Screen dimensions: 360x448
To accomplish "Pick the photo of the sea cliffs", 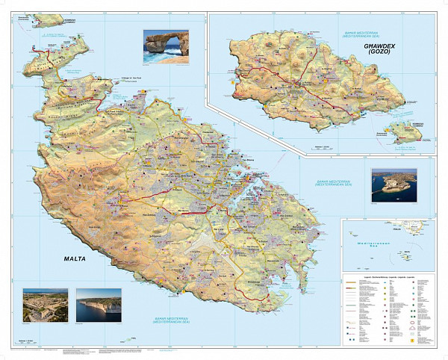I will [99, 305].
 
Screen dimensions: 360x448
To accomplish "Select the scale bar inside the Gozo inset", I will [323, 144].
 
